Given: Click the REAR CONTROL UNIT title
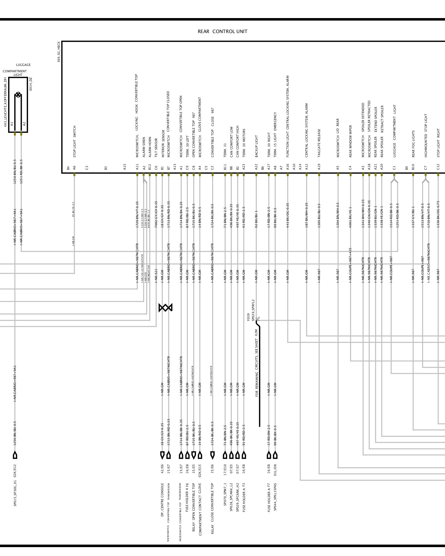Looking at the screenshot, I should pos(222,31).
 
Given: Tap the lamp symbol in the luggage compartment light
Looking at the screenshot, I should pos(18,95).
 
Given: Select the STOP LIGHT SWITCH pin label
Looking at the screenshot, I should pos(75,141).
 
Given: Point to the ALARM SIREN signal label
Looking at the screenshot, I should pos(144,147).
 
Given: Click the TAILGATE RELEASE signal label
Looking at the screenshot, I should pos(319,143).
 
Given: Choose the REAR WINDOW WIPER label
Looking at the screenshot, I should pos(350,141).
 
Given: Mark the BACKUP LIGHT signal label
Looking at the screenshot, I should pos(256,146).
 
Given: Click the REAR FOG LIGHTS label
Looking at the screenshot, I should pos(413,144).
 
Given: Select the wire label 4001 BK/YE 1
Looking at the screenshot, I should pos(350,217).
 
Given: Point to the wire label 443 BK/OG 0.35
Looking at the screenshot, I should pos(288,215).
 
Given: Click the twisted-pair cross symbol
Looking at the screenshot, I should pos(165,308).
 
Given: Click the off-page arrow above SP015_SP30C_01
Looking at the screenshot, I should pos(15,455).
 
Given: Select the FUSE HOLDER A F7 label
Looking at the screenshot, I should pos(269,501).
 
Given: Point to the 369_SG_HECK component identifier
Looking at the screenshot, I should pos(59,52).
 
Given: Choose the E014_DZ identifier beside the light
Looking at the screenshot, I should pos(31,84).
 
